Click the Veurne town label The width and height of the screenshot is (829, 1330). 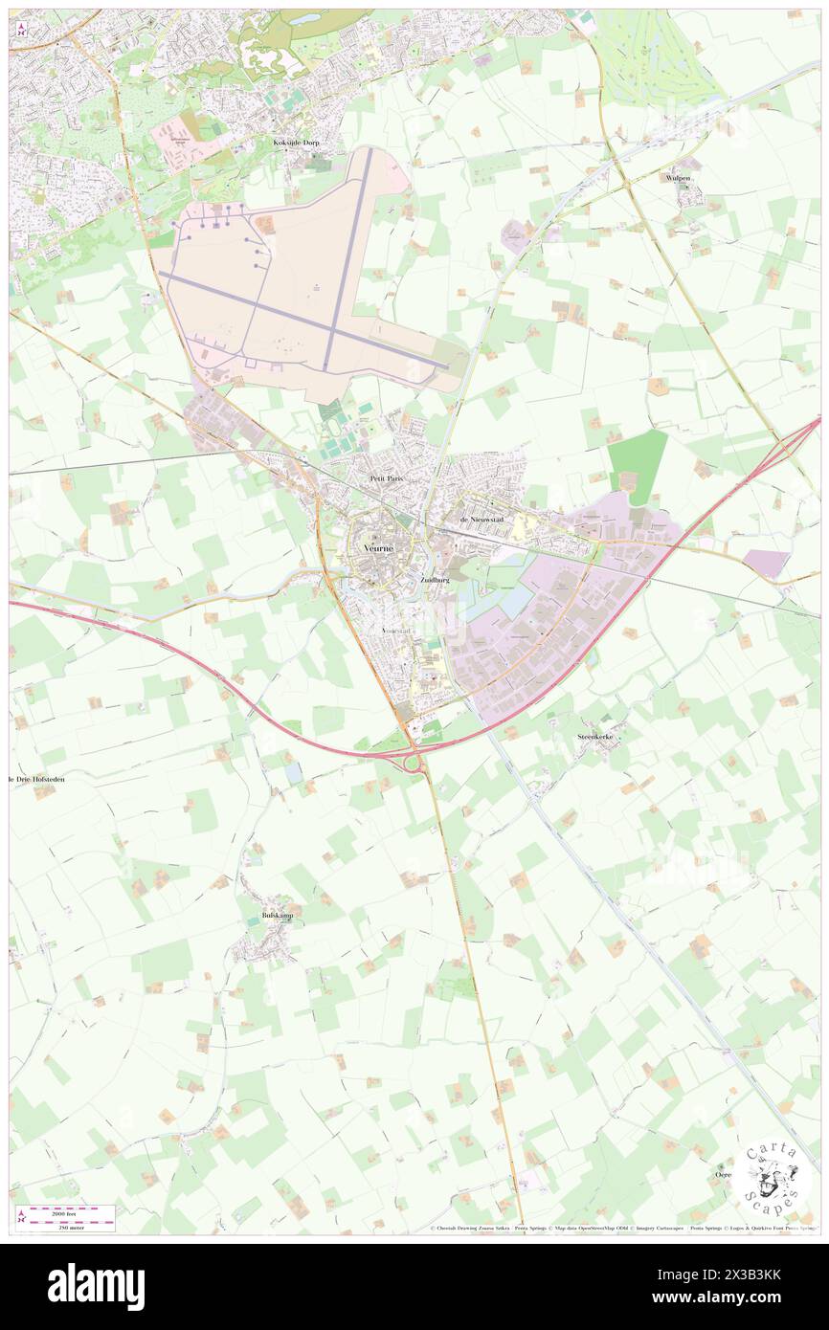[379, 547]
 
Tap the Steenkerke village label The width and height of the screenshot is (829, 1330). [599, 738]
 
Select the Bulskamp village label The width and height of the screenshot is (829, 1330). [278, 916]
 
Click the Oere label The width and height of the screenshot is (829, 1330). [724, 1174]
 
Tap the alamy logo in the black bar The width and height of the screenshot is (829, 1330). [96, 1287]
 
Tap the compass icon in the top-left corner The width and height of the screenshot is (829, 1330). [21, 29]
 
